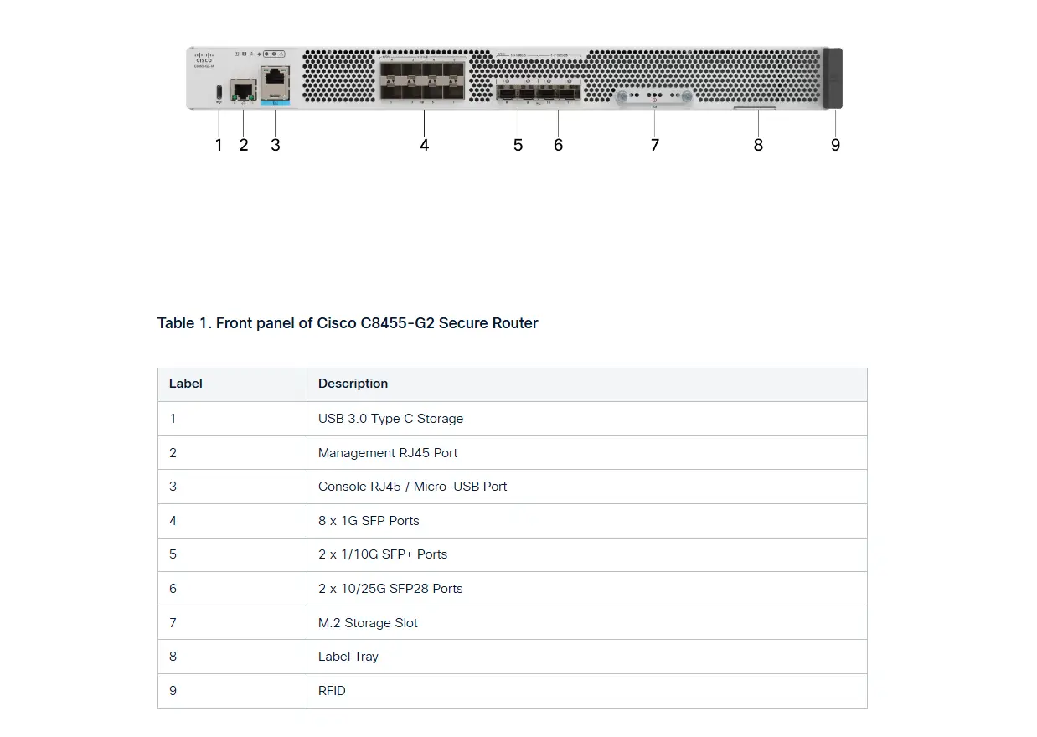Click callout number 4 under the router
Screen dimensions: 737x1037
(425, 145)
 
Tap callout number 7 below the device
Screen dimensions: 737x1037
(655, 145)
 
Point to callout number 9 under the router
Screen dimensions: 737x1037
(835, 145)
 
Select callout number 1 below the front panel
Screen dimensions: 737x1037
(219, 145)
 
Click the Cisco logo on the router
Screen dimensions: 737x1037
(204, 57)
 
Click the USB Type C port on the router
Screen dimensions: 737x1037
(219, 90)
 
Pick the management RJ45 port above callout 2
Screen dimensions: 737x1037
(244, 89)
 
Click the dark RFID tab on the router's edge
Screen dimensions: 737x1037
(833, 78)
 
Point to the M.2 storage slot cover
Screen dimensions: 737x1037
(653, 98)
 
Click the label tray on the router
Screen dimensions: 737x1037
(755, 107)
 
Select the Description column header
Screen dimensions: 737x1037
(353, 384)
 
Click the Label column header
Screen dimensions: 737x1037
(186, 384)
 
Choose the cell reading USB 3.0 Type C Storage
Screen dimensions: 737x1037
(390, 419)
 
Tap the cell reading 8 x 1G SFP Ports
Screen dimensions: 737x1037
(369, 521)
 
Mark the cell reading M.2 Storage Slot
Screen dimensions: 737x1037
(368, 623)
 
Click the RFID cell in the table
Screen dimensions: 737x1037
(332, 691)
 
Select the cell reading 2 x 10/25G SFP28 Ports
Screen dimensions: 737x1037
(390, 589)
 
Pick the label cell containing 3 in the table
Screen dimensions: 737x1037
(173, 487)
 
